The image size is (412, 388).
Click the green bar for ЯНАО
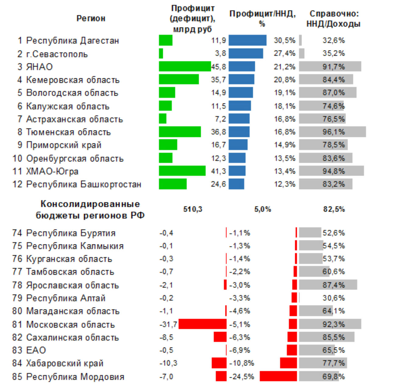coord(185,66)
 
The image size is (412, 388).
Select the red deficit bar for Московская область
coord(202,324)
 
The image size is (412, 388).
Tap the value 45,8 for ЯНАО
coord(219,66)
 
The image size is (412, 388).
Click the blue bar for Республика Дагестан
coord(247,40)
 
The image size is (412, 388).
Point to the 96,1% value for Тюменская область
coord(334,132)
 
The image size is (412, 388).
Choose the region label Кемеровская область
coord(73,80)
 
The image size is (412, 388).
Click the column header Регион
coord(91,18)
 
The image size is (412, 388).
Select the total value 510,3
coord(193,209)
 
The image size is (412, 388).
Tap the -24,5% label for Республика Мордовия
coord(242,376)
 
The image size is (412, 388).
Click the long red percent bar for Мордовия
coord(278,376)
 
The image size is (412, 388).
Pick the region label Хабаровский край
coord(65,363)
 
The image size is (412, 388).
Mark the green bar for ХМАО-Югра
coord(182,171)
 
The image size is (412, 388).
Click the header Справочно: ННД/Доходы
coord(334,19)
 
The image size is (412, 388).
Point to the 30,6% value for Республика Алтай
coord(334,298)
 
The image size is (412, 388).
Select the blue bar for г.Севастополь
coord(246,53)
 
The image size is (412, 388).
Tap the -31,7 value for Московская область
coord(168,324)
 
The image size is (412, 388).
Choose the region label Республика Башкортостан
coord(84,184)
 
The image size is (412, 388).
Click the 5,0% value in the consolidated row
coord(263,209)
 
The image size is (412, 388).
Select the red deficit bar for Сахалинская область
coord(220,337)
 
